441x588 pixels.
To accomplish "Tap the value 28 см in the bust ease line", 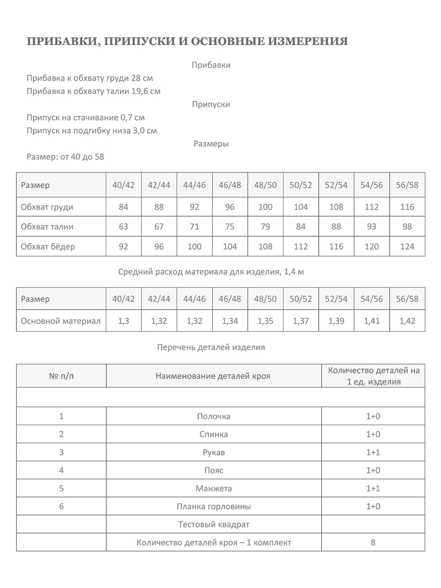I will pos(142,78).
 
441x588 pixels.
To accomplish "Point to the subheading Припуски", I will pos(211,105).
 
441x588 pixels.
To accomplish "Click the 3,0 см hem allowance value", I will pos(145,131).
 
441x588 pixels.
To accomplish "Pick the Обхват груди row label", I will pos(47,207).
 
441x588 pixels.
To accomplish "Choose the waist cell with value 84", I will pos(301,227).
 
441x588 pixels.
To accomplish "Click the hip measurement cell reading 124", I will pos(407,247).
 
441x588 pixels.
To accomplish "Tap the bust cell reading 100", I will pos(265,207).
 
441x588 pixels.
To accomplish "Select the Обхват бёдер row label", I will pos(48,247).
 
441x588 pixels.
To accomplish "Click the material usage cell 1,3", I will pos(123,321).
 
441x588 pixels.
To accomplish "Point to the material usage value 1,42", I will pos(407,321).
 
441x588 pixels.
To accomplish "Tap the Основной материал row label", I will pos(60,321).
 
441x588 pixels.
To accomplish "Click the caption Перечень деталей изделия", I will pos(211,347).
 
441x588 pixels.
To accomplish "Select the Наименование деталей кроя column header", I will pos(213,376).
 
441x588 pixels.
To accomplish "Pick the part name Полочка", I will pos(213,416).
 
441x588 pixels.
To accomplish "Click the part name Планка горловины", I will pos(213,507).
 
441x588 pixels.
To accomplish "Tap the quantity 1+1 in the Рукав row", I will pos(373,453).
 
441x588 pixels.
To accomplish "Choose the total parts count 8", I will pos(373,543).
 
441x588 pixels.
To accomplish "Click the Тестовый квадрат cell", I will pos(213,525).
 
